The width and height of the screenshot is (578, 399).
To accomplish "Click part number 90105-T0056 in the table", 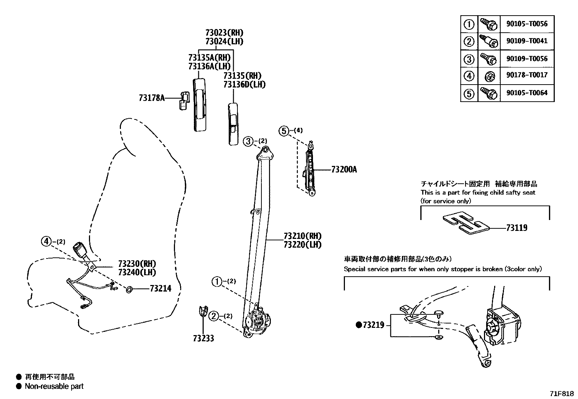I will coord(527,24).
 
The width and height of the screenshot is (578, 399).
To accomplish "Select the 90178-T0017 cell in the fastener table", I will coord(527,75).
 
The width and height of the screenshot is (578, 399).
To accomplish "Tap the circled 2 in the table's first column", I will coord(469,41).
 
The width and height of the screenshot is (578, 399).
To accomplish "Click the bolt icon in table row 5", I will coord(488,93).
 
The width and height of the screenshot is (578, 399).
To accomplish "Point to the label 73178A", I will coord(152,98).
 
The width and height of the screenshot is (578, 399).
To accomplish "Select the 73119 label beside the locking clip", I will coord(517,228).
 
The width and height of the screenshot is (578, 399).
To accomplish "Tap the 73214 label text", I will coord(160,289).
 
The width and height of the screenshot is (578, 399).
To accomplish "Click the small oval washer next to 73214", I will coord(129,289).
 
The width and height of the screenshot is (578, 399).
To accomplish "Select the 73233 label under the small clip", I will coord(203,338).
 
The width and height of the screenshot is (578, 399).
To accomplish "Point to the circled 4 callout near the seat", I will coord(46,241).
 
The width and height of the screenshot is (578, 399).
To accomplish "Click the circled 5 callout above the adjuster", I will coord(284,131).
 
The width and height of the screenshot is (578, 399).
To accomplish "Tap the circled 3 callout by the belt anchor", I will coord(248,141).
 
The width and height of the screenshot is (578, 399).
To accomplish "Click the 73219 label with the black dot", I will coord(371,325).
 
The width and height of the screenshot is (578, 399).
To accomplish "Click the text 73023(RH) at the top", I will coord(224,33).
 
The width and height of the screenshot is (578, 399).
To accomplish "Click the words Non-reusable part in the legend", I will coord(54,386).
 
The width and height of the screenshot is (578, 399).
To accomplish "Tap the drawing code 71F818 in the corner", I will coord(562,394).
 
